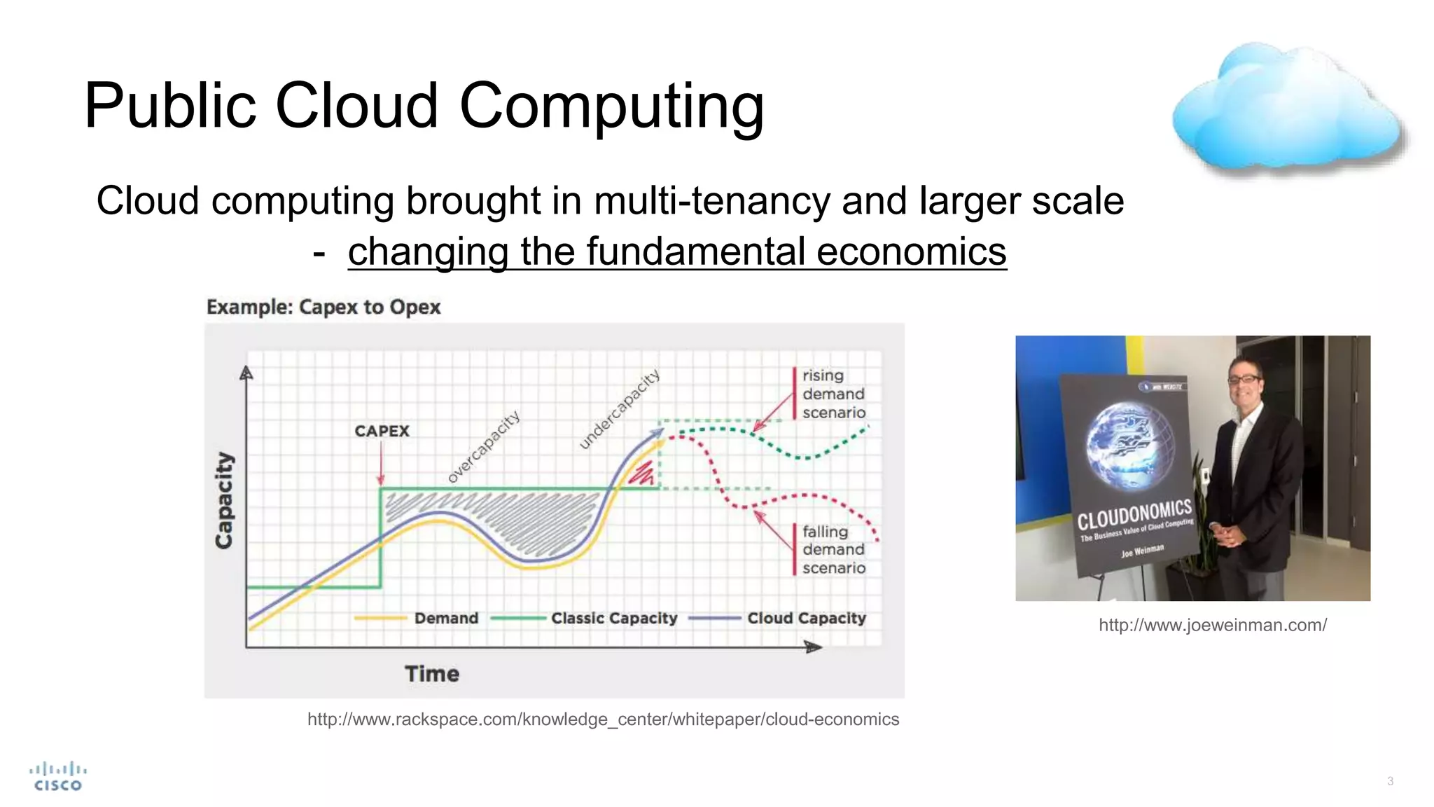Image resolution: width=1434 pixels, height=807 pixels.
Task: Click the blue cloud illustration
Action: point(1287,109)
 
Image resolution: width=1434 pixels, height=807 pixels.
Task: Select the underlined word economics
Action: point(911,251)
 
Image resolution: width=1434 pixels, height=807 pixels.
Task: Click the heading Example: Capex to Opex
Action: point(323,307)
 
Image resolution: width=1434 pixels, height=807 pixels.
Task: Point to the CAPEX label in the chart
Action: point(382,431)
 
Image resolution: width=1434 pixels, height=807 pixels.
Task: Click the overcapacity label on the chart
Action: point(484,447)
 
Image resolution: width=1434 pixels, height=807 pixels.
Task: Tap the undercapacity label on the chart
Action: point(620,408)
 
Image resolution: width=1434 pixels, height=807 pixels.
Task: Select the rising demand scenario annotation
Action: point(833,394)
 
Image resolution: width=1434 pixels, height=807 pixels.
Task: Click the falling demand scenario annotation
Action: point(833,550)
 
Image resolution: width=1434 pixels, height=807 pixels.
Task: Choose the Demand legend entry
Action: point(445,618)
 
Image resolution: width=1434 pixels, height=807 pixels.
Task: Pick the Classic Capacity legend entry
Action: point(613,618)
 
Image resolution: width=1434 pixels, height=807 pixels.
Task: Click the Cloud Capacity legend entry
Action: point(806,618)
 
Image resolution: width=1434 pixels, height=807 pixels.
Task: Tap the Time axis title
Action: point(432,674)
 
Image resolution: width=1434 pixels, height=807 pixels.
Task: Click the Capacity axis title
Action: point(224,500)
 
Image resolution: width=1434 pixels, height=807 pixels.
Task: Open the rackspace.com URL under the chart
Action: point(603,719)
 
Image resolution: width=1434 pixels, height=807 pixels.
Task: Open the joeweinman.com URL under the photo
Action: point(1212,625)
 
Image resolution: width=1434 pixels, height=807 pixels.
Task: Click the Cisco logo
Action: point(58,777)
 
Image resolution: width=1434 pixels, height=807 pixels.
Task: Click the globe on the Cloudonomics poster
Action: point(1129,446)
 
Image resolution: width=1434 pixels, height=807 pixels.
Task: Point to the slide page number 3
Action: point(1390,781)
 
